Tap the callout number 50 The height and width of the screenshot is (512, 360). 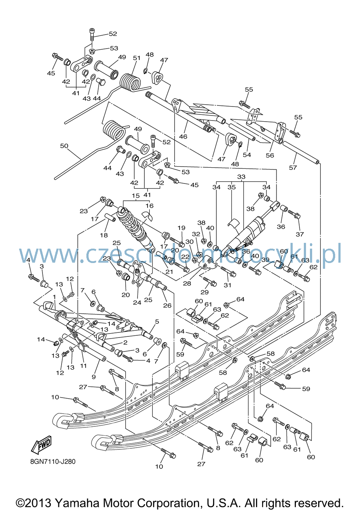[64, 146]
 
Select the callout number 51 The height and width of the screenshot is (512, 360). [136, 58]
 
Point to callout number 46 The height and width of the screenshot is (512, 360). [183, 136]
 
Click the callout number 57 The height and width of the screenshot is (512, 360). [293, 168]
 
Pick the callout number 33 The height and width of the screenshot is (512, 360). [241, 177]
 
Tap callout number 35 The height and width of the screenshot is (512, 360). [232, 187]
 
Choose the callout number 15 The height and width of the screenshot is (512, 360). [136, 196]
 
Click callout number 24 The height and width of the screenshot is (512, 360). [137, 302]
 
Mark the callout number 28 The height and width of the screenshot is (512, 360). [187, 283]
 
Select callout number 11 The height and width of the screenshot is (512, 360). [83, 366]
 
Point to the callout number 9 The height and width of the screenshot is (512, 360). [94, 377]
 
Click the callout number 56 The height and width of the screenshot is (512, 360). [270, 155]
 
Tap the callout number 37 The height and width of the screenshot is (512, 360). [300, 234]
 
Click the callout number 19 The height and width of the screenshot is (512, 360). [181, 228]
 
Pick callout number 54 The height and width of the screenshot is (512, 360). [247, 155]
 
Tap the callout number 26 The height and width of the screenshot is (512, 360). [167, 305]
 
